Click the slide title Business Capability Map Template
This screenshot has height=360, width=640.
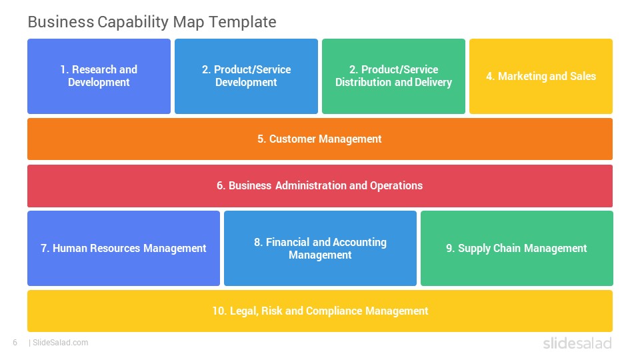point(152,22)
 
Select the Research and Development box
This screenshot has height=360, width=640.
point(99,76)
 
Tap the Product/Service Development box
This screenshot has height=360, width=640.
point(246,76)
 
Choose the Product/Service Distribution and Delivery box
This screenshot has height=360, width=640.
point(393,76)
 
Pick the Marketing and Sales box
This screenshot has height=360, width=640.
point(541,76)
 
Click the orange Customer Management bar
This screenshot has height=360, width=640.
point(320,139)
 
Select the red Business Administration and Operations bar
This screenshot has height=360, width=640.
point(320,186)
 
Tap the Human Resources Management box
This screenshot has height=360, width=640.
point(124,248)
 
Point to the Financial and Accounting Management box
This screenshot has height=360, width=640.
point(321,248)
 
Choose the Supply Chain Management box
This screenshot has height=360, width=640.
point(517,248)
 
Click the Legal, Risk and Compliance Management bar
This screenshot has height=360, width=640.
point(320,311)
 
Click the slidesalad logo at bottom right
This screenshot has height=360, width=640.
point(577,343)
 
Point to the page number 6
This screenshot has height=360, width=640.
point(15,343)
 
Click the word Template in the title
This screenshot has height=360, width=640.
point(243,22)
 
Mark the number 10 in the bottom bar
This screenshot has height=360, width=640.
point(219,311)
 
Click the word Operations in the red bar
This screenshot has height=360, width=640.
point(396,186)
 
